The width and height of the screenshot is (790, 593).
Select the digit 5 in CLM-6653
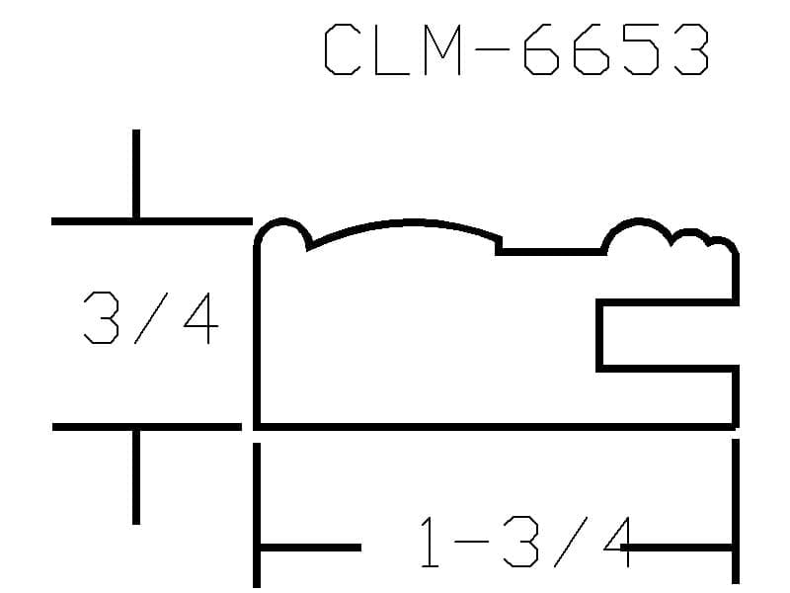pos(641,49)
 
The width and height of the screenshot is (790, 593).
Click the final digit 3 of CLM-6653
pos(692,49)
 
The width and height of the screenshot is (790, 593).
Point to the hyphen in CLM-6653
pos(491,49)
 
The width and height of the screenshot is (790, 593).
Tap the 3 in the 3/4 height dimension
pos(102,317)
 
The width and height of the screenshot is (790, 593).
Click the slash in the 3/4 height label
pos(151,317)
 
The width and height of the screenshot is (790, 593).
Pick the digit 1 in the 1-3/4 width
pos(430,542)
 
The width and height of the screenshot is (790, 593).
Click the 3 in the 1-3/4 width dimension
pos(520,542)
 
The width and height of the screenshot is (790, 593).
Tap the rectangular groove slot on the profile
pos(599,335)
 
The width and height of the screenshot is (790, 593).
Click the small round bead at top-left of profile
pos(282,220)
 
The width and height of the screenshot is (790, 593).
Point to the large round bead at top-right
pos(638,220)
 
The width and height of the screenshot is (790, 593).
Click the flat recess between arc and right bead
pos(551,252)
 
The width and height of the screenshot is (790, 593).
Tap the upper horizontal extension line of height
pos(152,221)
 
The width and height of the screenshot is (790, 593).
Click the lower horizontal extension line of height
pos(146,427)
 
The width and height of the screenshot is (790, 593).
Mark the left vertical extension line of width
pos(257,515)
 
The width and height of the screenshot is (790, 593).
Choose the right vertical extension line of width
pos(736,511)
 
